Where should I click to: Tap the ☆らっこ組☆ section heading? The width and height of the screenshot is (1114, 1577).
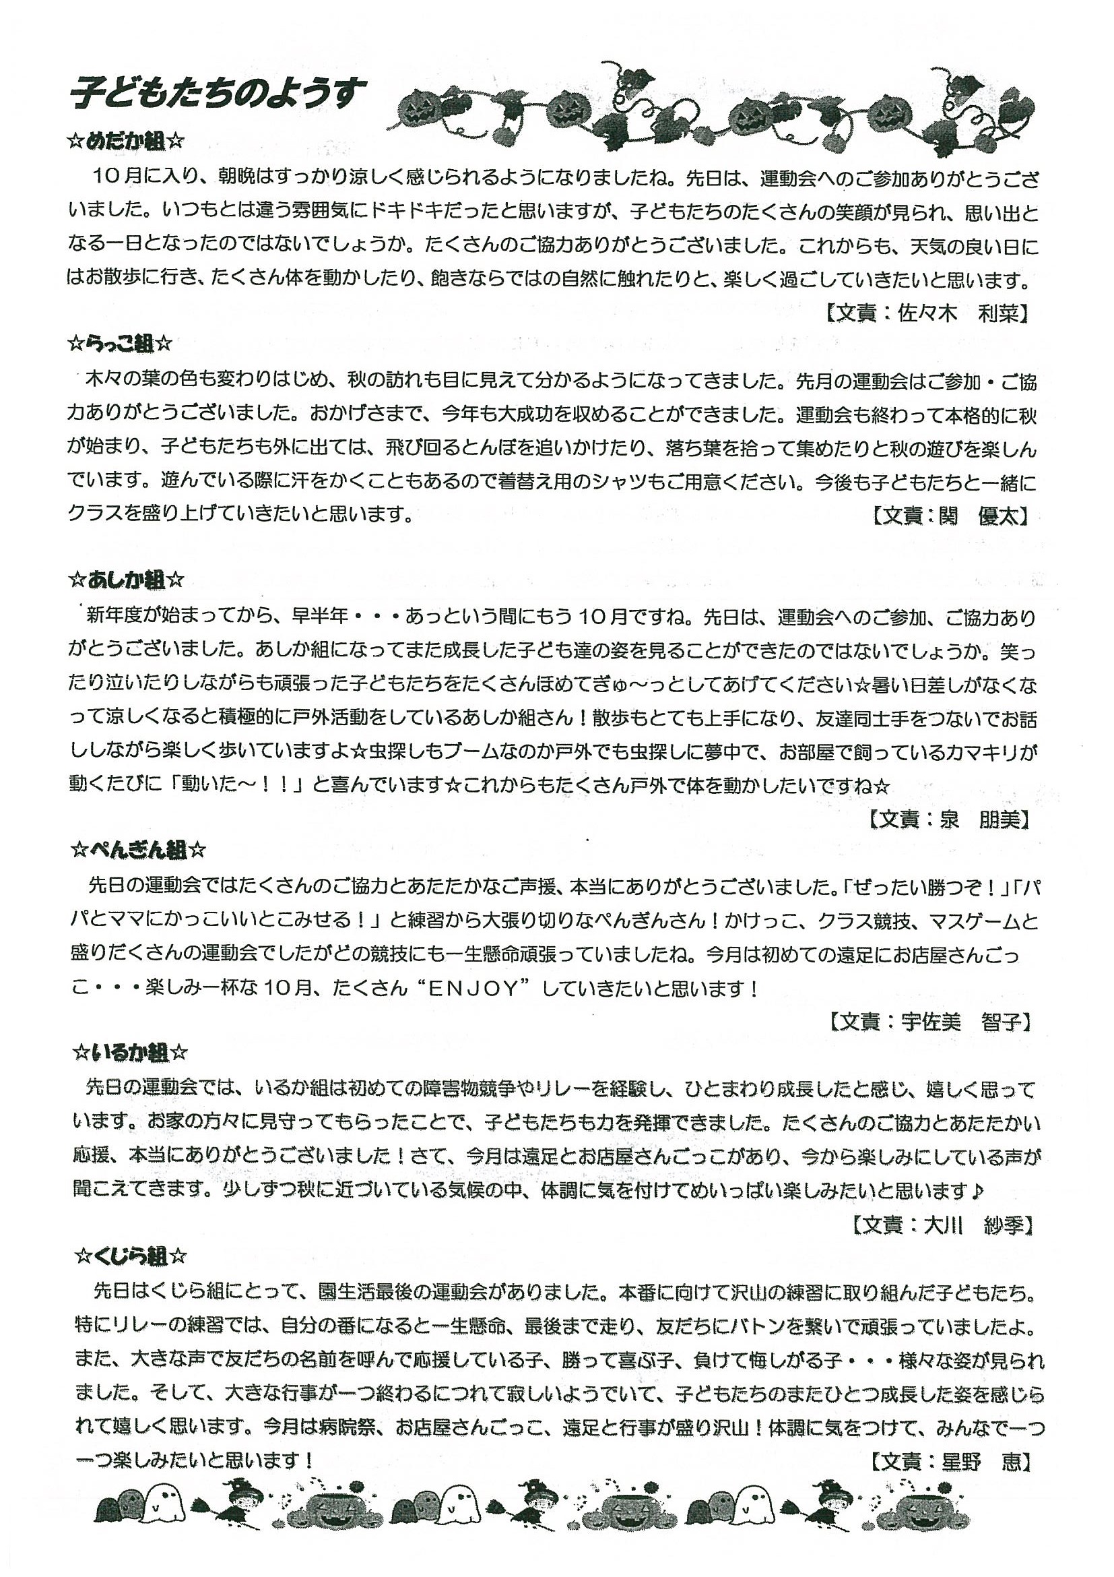coord(119,344)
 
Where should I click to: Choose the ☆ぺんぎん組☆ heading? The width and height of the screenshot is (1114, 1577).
coord(138,852)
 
